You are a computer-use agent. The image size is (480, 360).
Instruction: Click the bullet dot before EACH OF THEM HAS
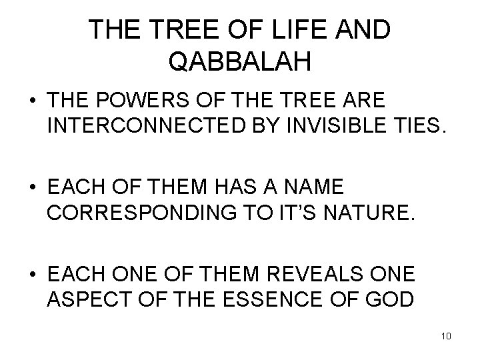[31, 183]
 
